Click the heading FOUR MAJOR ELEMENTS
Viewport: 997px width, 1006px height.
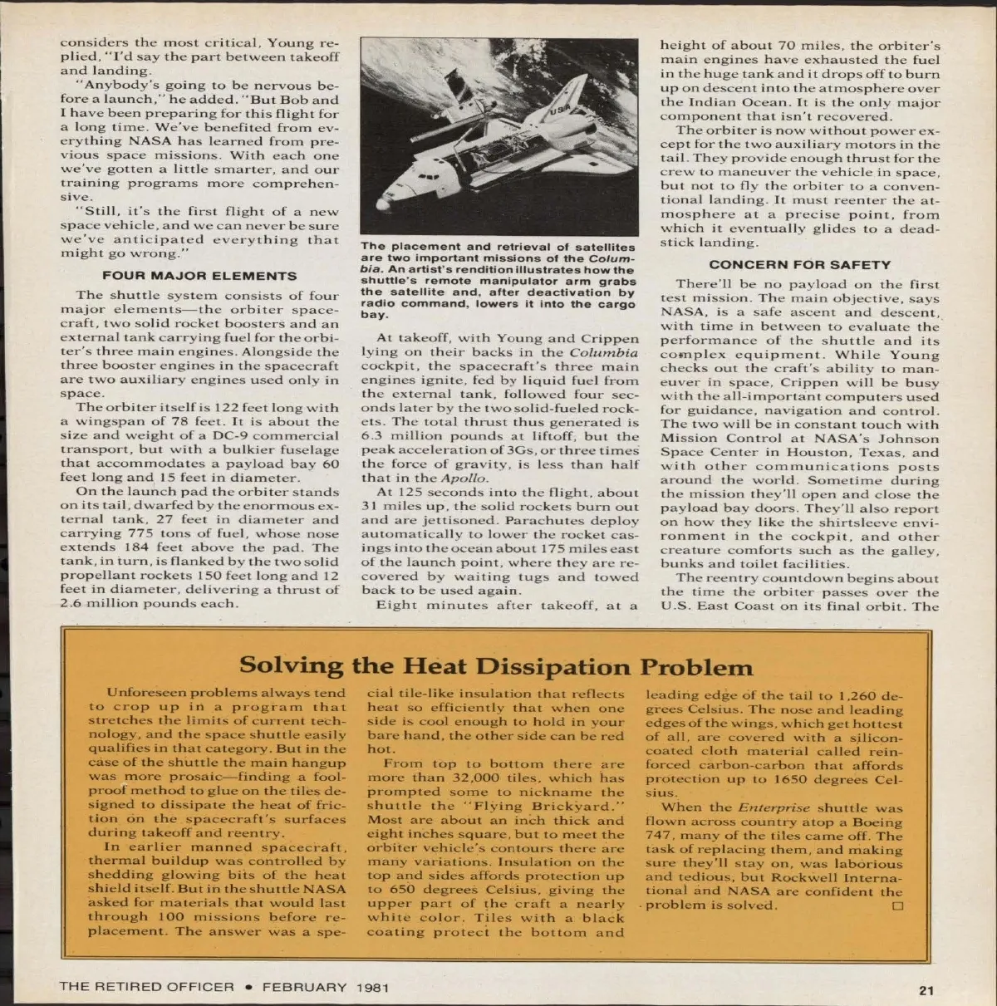(x=199, y=276)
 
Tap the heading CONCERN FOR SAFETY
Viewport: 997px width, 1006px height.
(x=800, y=265)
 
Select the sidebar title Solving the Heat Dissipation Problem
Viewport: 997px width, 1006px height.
(x=496, y=666)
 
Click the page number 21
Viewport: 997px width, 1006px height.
(x=926, y=989)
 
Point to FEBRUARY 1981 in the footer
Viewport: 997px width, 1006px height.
(x=326, y=988)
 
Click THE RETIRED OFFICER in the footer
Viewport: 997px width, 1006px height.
(x=146, y=988)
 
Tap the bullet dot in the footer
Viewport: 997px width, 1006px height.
(x=248, y=988)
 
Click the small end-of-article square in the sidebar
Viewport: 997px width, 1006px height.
(x=896, y=906)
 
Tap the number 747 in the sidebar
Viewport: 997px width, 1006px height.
(x=660, y=836)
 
